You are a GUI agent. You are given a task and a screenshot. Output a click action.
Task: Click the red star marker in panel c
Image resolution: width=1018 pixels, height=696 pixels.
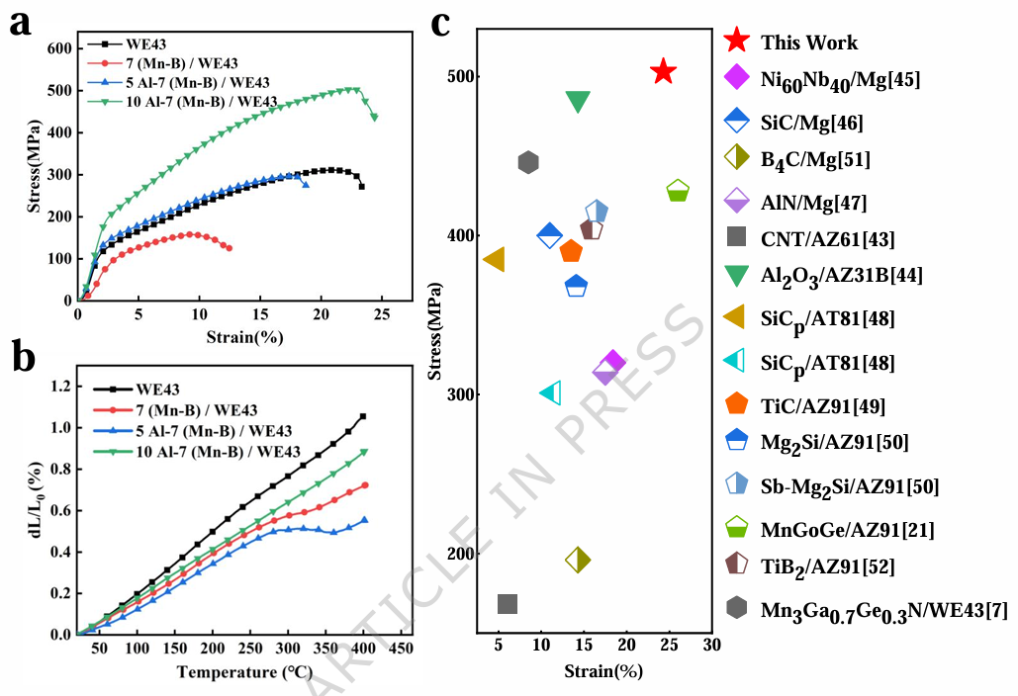tap(663, 72)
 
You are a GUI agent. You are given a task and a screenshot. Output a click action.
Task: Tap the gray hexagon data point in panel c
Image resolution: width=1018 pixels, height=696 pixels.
tap(528, 162)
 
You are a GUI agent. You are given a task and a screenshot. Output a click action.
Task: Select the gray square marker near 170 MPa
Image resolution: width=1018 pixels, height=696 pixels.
tap(508, 604)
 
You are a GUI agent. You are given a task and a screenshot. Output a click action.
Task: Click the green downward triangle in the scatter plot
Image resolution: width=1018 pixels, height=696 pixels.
tap(578, 101)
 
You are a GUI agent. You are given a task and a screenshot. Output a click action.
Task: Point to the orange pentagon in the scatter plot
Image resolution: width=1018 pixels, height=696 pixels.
tap(571, 251)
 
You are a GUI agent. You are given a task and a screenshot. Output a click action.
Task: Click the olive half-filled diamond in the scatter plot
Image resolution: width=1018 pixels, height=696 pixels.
tap(578, 560)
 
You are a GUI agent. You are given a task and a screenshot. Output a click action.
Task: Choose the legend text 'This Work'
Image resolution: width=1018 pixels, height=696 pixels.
tap(808, 43)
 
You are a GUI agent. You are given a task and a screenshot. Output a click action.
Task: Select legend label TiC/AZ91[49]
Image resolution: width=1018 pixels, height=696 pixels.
tap(822, 405)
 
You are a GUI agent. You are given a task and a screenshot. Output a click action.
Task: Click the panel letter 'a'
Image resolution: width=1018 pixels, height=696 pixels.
tap(19, 23)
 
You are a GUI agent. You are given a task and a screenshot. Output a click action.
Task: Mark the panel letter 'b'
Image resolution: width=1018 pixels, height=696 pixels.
tap(21, 357)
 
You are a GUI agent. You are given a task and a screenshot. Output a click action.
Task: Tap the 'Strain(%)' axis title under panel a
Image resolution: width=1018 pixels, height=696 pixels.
tap(244, 337)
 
